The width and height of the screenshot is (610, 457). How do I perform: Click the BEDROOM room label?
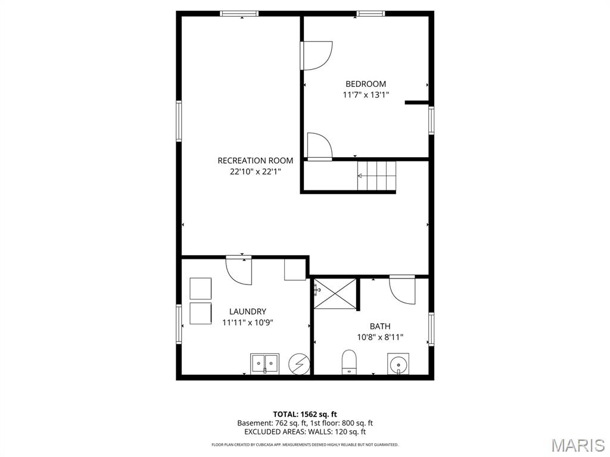coord(366,84)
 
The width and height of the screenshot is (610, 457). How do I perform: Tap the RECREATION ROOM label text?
coord(255,161)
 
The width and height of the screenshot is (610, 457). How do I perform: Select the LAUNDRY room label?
coord(247,311)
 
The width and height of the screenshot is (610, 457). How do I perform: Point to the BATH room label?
coord(380,327)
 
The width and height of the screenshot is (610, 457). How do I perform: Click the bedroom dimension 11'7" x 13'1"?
coord(366,95)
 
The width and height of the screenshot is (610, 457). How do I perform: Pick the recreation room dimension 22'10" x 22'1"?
coord(255,171)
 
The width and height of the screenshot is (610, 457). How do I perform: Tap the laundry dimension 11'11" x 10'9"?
coord(247,322)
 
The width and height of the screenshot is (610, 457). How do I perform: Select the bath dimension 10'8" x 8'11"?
coord(380,337)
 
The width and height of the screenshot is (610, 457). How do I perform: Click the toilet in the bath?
coord(349,362)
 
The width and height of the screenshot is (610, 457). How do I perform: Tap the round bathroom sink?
coord(399,364)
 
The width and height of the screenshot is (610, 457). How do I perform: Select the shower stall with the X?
coord(335,294)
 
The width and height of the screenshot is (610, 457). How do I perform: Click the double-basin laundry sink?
coord(264,364)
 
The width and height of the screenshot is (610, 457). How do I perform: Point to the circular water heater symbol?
coord(299,365)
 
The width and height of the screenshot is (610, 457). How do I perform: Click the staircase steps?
coord(376,176)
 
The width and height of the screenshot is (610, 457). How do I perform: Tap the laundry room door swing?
coord(239,271)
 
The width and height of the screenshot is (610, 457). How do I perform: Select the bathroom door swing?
coord(402,290)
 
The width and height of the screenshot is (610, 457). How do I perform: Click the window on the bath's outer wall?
coord(431,329)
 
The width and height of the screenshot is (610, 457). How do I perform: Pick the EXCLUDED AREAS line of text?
coord(304,432)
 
